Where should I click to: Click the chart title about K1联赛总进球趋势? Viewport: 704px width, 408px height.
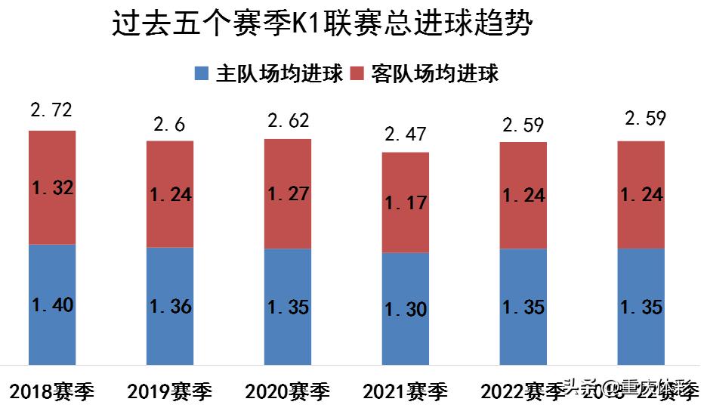pyautogui.click(x=323, y=24)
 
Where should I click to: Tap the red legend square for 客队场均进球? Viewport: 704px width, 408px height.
pyautogui.click(x=357, y=73)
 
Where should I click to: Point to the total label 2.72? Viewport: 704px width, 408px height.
pyautogui.click(x=51, y=112)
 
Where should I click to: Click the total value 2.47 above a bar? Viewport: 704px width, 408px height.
pyautogui.click(x=406, y=134)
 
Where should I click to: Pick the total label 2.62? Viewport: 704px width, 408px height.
pyautogui.click(x=288, y=121)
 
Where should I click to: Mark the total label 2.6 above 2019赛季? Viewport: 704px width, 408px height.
pyautogui.click(x=169, y=123)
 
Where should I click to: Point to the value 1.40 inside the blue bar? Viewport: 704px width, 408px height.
pyautogui.click(x=52, y=305)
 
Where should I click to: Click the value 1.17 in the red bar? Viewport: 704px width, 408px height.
pyautogui.click(x=406, y=202)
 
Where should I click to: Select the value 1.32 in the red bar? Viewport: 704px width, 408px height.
pyautogui.click(x=52, y=189)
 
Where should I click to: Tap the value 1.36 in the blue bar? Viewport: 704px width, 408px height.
pyautogui.click(x=170, y=307)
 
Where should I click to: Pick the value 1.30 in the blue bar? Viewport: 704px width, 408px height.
pyautogui.click(x=406, y=309)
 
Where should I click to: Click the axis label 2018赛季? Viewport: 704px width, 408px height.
pyautogui.click(x=52, y=391)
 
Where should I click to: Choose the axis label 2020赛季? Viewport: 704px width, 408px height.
pyautogui.click(x=288, y=391)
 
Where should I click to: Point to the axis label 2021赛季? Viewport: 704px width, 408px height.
pyautogui.click(x=406, y=391)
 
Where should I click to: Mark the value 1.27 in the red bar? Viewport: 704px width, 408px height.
pyautogui.click(x=288, y=194)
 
